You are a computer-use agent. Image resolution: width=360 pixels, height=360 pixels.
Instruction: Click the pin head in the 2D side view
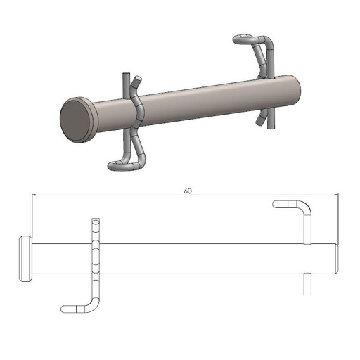pos(24,259)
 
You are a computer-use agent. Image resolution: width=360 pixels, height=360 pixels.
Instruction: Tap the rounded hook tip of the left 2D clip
pos(65,308)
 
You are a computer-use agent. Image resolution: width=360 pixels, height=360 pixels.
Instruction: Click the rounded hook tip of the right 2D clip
pos(276,205)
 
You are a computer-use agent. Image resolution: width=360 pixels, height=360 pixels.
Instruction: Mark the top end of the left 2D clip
pos(95,221)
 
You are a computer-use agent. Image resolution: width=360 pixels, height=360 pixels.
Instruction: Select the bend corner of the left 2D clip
pos(94,304)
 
